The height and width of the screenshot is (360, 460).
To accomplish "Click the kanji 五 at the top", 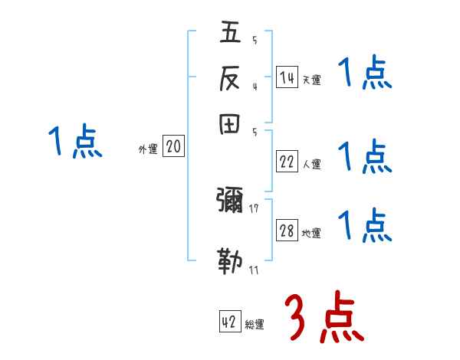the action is [x=230, y=33].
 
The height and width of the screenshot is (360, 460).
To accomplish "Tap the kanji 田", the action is [x=230, y=126].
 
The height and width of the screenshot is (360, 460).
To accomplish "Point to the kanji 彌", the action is [x=230, y=201].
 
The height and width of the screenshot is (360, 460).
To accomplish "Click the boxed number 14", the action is [x=287, y=77].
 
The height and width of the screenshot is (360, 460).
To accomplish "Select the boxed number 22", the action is [x=287, y=162].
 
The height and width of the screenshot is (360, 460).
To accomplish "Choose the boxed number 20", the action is [x=173, y=147].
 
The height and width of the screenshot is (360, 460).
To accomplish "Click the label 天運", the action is [x=311, y=80].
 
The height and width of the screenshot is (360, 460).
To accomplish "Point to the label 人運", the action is [x=311, y=164].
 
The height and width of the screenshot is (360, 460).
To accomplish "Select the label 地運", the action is [x=311, y=234].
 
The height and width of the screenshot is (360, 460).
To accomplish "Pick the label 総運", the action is [x=255, y=325].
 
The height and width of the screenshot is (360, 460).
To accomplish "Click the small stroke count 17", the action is [x=254, y=208].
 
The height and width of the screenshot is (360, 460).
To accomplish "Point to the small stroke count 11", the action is [x=254, y=270].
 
